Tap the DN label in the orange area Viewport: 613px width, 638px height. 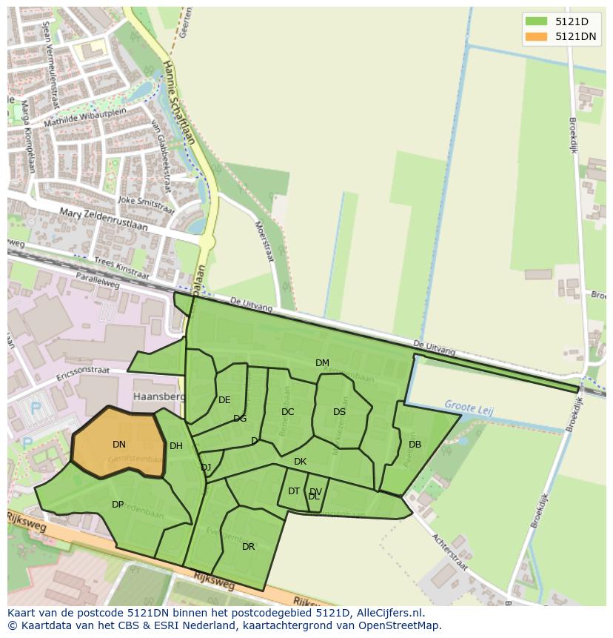point(119,445)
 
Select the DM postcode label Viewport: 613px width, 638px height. point(322,363)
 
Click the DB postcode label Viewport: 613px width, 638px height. point(415,445)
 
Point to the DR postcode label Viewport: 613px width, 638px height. point(248,547)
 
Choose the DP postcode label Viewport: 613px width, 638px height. point(118,505)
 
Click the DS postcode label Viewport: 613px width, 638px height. point(339,412)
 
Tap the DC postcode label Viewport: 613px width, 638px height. point(288,412)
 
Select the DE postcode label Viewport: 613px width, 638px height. point(224,400)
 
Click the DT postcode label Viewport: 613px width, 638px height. point(294,491)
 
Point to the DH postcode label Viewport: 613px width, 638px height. point(175,446)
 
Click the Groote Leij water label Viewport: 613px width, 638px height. point(468,406)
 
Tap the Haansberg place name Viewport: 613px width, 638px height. point(158,396)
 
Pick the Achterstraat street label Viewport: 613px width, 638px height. point(450,553)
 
